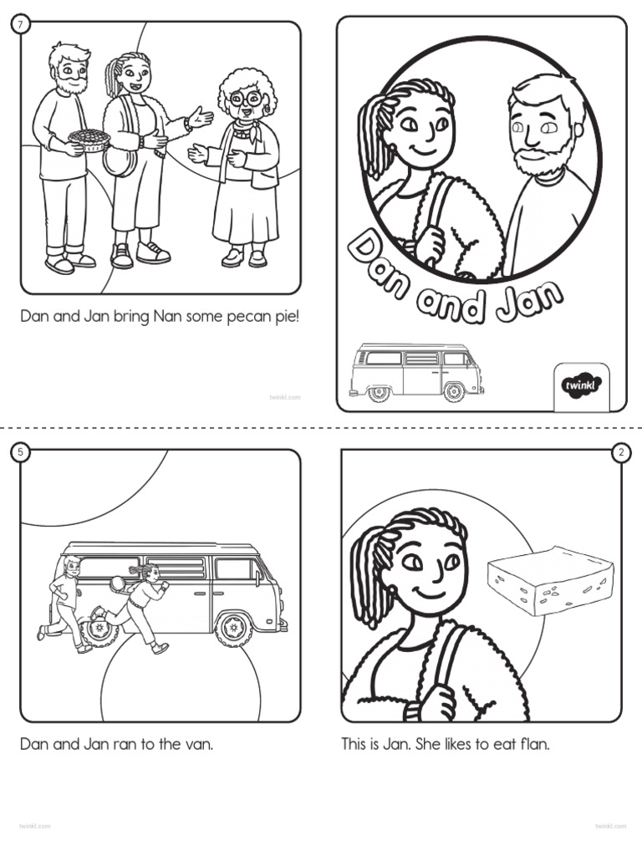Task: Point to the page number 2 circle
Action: [621, 452]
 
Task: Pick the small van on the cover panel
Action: [415, 370]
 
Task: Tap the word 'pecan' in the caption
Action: [249, 318]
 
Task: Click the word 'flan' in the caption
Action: [535, 743]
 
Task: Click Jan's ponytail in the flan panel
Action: [364, 577]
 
